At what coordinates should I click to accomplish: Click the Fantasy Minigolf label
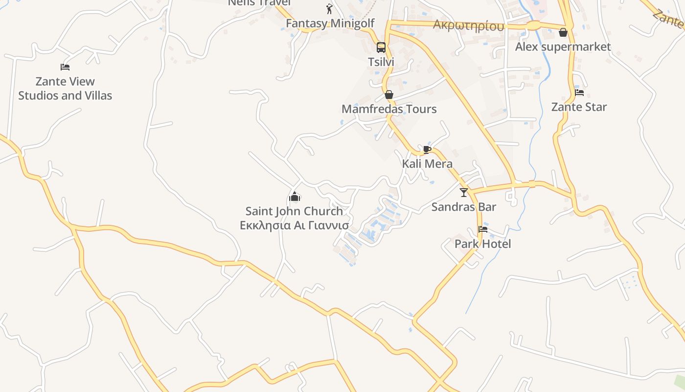[x=330, y=23]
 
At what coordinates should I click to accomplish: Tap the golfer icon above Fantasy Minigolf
[x=329, y=9]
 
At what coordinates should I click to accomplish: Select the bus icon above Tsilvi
[x=381, y=48]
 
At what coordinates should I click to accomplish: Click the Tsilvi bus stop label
[x=381, y=62]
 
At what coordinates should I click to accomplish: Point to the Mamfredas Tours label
[x=389, y=109]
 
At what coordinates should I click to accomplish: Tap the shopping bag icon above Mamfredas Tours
[x=389, y=94]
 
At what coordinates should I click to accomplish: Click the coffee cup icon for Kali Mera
[x=427, y=149]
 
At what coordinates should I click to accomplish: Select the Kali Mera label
[x=427, y=164]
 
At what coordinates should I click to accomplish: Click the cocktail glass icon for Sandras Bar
[x=464, y=193]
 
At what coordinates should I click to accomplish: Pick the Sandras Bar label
[x=464, y=207]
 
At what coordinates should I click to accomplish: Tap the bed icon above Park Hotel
[x=483, y=229]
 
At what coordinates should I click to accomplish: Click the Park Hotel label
[x=483, y=244]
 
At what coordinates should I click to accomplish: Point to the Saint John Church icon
[x=295, y=197]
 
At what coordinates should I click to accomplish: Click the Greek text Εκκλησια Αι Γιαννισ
[x=294, y=225]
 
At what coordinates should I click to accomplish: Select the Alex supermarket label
[x=563, y=47]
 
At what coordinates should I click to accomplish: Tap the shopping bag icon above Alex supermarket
[x=563, y=33]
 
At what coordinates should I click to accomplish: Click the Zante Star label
[x=579, y=107]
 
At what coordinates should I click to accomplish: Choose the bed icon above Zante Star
[x=579, y=92]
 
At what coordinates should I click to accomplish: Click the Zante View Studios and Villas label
[x=65, y=88]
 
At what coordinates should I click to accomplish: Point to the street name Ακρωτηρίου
[x=468, y=25]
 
